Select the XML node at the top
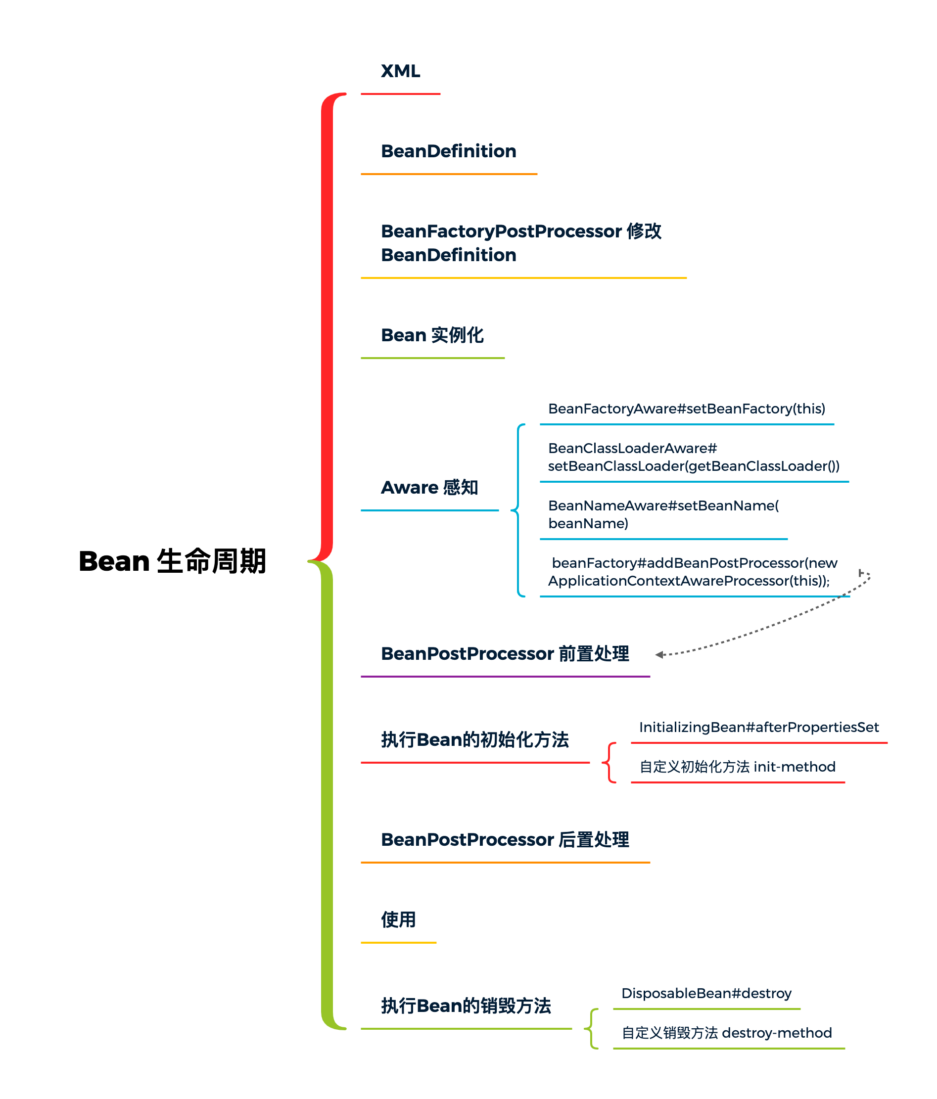(400, 71)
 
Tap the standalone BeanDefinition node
(448, 151)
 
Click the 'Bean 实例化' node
(432, 335)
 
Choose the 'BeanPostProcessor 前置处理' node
(505, 653)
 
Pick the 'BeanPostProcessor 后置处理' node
(505, 840)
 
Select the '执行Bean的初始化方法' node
(474, 739)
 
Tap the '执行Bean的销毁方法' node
(466, 1006)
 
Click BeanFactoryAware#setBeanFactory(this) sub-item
(686, 409)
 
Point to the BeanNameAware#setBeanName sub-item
(663, 514)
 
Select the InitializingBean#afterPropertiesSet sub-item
(758, 727)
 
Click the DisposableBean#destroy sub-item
(705, 994)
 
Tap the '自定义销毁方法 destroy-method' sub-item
(726, 1033)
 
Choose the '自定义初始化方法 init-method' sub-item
(737, 767)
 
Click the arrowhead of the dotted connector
(659, 654)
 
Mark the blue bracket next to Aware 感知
(518, 510)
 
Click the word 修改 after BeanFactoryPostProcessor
(644, 231)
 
